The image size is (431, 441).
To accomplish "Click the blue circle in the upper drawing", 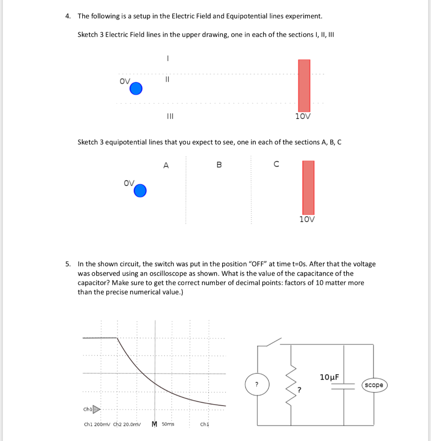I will (x=136, y=89).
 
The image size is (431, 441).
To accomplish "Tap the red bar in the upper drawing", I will (x=304, y=85).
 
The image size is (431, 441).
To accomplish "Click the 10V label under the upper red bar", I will (x=303, y=116).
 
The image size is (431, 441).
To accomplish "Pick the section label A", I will (x=166, y=165).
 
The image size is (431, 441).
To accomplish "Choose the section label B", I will (x=219, y=165).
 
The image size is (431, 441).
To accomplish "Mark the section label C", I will (x=276, y=164).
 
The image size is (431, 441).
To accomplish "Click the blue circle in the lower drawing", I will (x=140, y=190).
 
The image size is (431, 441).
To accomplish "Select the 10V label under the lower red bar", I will (x=307, y=219).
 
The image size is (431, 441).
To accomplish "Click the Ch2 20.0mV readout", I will (x=127, y=424).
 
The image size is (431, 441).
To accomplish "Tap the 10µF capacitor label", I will (x=329, y=377).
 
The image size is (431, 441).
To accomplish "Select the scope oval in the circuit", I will (x=373, y=385).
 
